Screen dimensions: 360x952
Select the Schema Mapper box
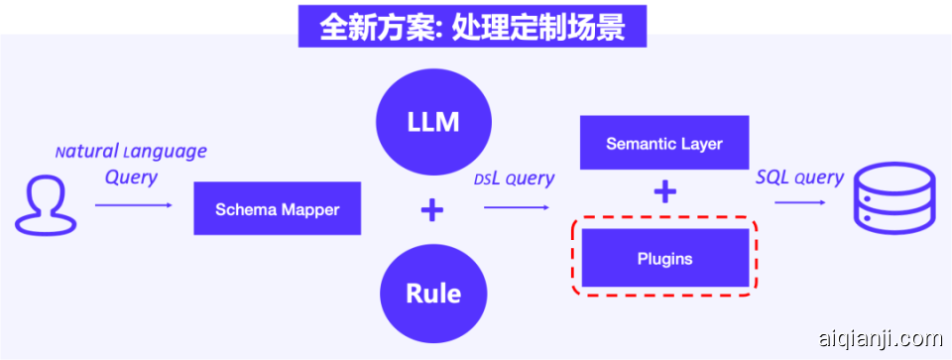[277, 209]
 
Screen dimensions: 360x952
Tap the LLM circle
[432, 122]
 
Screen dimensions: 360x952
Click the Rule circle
[432, 294]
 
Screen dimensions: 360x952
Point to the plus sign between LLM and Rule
[432, 209]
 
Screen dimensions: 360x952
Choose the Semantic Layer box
[664, 144]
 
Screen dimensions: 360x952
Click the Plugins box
[664, 259]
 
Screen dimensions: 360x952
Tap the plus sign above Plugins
[664, 192]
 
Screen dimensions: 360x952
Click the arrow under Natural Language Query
[133, 205]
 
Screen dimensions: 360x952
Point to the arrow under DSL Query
[517, 207]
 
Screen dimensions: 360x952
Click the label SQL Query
[799, 178]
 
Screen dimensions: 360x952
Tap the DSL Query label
[514, 179]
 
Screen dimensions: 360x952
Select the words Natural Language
[131, 152]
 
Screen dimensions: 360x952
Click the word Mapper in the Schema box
[308, 209]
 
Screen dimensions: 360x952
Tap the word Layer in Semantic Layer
[700, 144]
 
